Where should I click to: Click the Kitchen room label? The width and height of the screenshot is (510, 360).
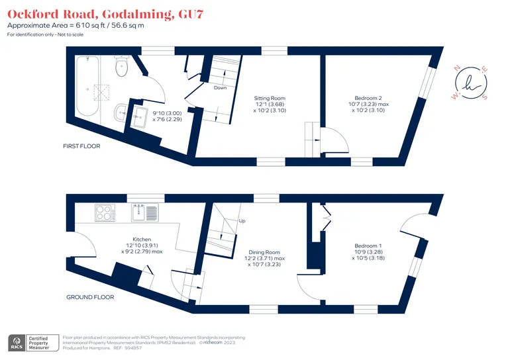click(142, 240)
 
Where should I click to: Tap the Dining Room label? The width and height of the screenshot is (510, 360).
click(264, 252)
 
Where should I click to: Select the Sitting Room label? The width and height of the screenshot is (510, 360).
click(270, 98)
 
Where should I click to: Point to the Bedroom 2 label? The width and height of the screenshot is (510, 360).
click(368, 98)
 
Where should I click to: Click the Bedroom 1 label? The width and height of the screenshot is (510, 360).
click(368, 246)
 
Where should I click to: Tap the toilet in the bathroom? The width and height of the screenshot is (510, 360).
click(122, 66)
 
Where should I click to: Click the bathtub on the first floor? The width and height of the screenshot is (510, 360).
click(87, 86)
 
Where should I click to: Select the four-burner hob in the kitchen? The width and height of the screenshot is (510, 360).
click(105, 213)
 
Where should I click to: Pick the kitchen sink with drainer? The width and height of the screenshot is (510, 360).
click(145, 213)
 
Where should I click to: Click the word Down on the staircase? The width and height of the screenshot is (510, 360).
click(220, 88)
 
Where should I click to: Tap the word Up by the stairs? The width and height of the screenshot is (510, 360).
click(242, 221)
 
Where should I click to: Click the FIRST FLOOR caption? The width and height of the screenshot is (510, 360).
click(81, 146)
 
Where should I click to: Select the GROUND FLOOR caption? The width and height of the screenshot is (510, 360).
click(90, 297)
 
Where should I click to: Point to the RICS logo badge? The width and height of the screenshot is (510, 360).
click(17, 343)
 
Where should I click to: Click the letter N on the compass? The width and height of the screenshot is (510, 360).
click(456, 68)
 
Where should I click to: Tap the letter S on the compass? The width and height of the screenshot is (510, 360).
click(485, 97)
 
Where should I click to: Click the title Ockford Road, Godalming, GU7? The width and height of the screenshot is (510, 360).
click(105, 14)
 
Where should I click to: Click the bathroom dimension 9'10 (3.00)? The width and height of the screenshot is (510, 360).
click(167, 113)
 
